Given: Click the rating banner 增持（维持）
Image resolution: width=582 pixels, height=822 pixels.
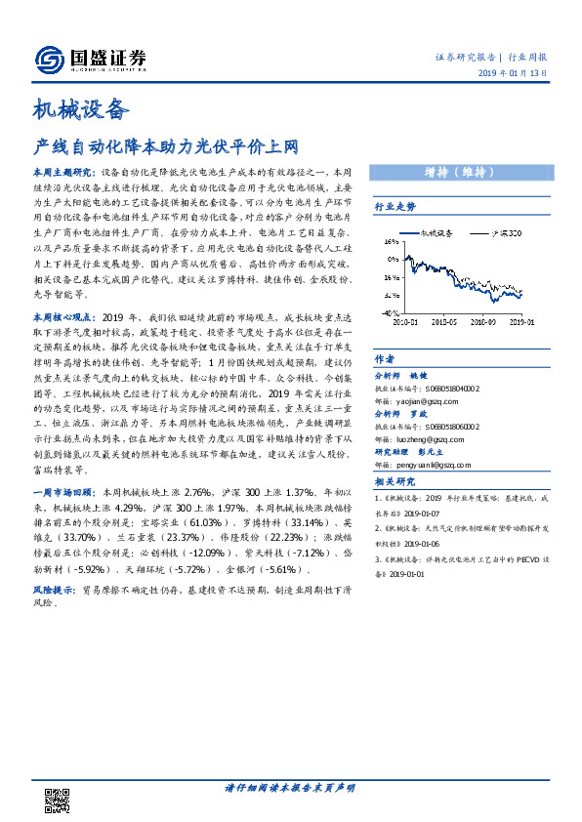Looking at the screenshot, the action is (x=463, y=172).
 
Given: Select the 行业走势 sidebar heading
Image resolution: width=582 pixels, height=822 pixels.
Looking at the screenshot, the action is (x=395, y=207).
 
